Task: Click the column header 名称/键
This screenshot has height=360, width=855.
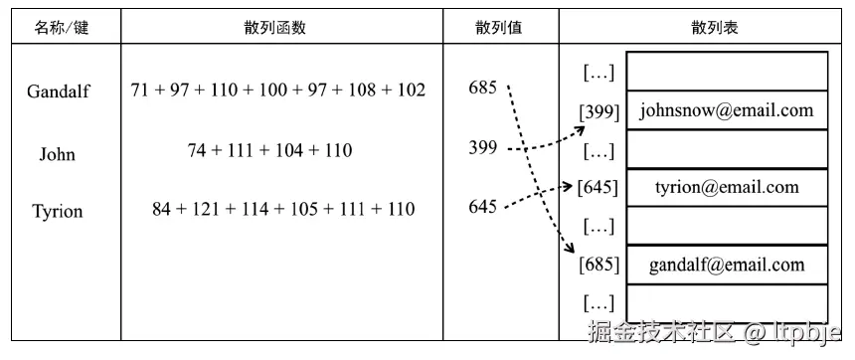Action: pos(62,28)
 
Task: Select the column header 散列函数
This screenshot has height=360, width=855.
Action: pos(278,28)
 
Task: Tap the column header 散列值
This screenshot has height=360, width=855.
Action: pos(498,28)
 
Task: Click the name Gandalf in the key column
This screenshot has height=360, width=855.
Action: pos(59,91)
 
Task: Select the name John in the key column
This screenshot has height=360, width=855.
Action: pos(57,154)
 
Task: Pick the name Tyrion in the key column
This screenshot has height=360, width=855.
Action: pos(57,211)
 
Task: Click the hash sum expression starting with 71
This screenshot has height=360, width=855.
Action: pos(278,90)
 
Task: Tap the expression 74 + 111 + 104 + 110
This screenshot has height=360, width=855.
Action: pos(269,151)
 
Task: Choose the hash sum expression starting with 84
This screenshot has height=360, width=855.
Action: pos(283,209)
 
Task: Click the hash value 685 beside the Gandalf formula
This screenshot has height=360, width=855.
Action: pos(482,88)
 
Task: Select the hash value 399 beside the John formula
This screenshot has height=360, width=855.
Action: pos(482,148)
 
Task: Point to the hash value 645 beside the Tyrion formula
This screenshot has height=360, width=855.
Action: pos(482,207)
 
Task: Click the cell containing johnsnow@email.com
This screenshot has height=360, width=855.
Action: pos(727,110)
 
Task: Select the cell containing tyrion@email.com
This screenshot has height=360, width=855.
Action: pos(727,187)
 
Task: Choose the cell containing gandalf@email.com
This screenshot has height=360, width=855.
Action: pos(727,265)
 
